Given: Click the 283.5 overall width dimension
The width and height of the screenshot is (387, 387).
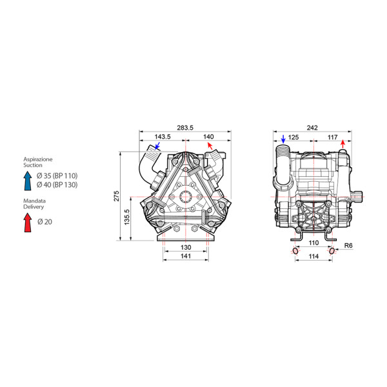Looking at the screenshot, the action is click(185, 128).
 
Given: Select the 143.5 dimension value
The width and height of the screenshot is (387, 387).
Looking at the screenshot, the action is click(163, 137).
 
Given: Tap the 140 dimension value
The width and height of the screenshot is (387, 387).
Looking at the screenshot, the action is click(208, 137).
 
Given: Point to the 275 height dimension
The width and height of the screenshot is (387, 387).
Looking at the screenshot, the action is click(117, 195).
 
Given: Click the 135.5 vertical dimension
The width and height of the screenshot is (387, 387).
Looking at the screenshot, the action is click(127, 217).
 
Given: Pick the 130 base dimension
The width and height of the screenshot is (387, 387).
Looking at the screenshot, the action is click(186, 247).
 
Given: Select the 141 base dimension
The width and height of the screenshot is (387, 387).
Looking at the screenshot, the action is click(186, 256).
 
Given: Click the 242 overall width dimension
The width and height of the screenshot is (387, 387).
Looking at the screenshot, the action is click(312, 128).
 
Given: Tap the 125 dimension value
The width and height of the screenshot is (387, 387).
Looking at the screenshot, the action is click(293, 137).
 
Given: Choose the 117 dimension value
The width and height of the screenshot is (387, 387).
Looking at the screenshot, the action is click(332, 137).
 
